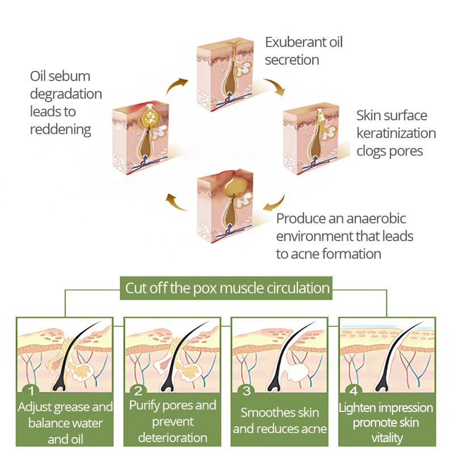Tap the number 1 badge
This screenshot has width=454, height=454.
(32, 391)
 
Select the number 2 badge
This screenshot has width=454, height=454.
(138, 391)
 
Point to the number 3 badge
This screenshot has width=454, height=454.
(246, 391)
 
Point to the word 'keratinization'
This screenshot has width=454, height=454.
(396, 134)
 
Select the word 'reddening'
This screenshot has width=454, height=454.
(60, 129)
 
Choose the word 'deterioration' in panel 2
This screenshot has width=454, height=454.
(173, 438)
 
